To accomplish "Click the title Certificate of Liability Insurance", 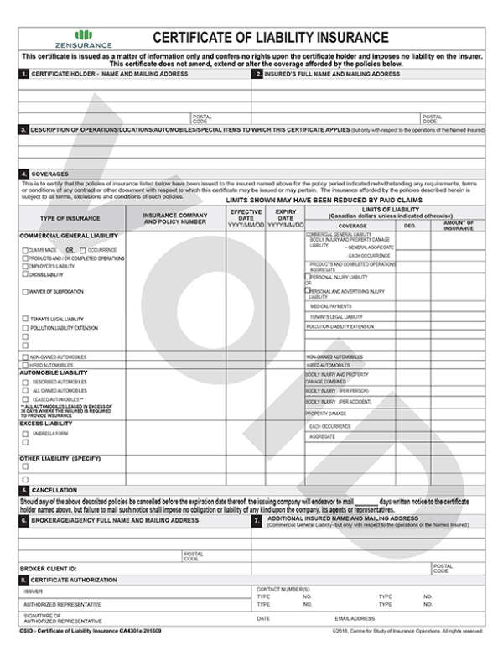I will coord(270,38).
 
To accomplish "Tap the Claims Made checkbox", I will coord(23,250).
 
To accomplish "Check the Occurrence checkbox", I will coord(82,250).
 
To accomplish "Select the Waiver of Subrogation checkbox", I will coord(23,292).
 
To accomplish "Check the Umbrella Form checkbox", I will coord(23,435).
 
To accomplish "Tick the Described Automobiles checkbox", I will coord(23,382).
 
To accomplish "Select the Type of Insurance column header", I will coord(70,218).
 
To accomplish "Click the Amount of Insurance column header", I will coord(459,227).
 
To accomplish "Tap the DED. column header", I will coord(410,226).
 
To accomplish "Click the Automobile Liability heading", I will coord(53,372).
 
